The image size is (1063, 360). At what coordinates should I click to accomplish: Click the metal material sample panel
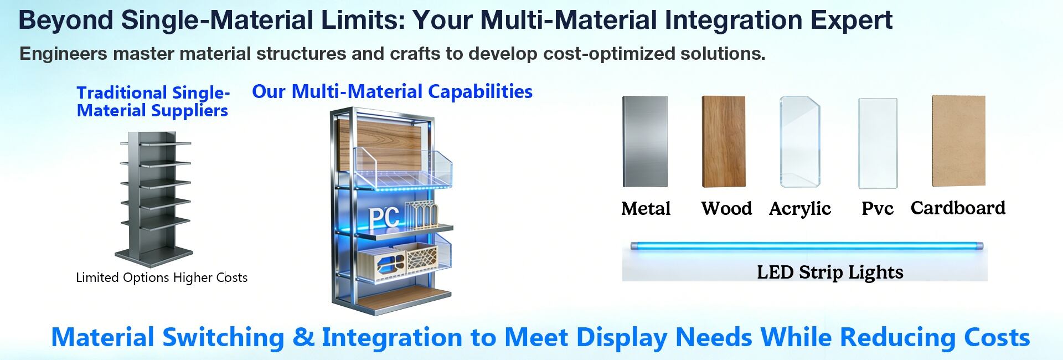(645, 142)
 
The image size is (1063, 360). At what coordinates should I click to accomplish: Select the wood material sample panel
(724, 142)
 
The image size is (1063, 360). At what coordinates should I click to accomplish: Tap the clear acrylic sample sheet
(800, 142)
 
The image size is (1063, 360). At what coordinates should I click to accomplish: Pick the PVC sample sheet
(878, 143)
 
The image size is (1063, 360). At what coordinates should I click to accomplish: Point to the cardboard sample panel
(958, 141)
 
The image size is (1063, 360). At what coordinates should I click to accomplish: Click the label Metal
(646, 209)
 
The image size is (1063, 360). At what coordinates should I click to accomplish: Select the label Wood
(726, 209)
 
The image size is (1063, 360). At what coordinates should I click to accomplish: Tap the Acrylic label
(800, 209)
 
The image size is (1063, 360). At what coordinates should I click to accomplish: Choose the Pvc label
(878, 209)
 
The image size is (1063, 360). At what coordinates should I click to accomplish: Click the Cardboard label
(958, 208)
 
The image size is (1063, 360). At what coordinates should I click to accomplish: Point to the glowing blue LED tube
(807, 245)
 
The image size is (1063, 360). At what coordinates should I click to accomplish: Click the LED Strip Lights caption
(830, 272)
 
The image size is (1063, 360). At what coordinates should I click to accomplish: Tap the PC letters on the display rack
(384, 217)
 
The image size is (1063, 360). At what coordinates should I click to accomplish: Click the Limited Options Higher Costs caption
(162, 277)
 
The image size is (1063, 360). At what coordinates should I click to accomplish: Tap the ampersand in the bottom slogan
(303, 337)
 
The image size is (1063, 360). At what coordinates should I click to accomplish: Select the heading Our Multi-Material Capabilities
(392, 91)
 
